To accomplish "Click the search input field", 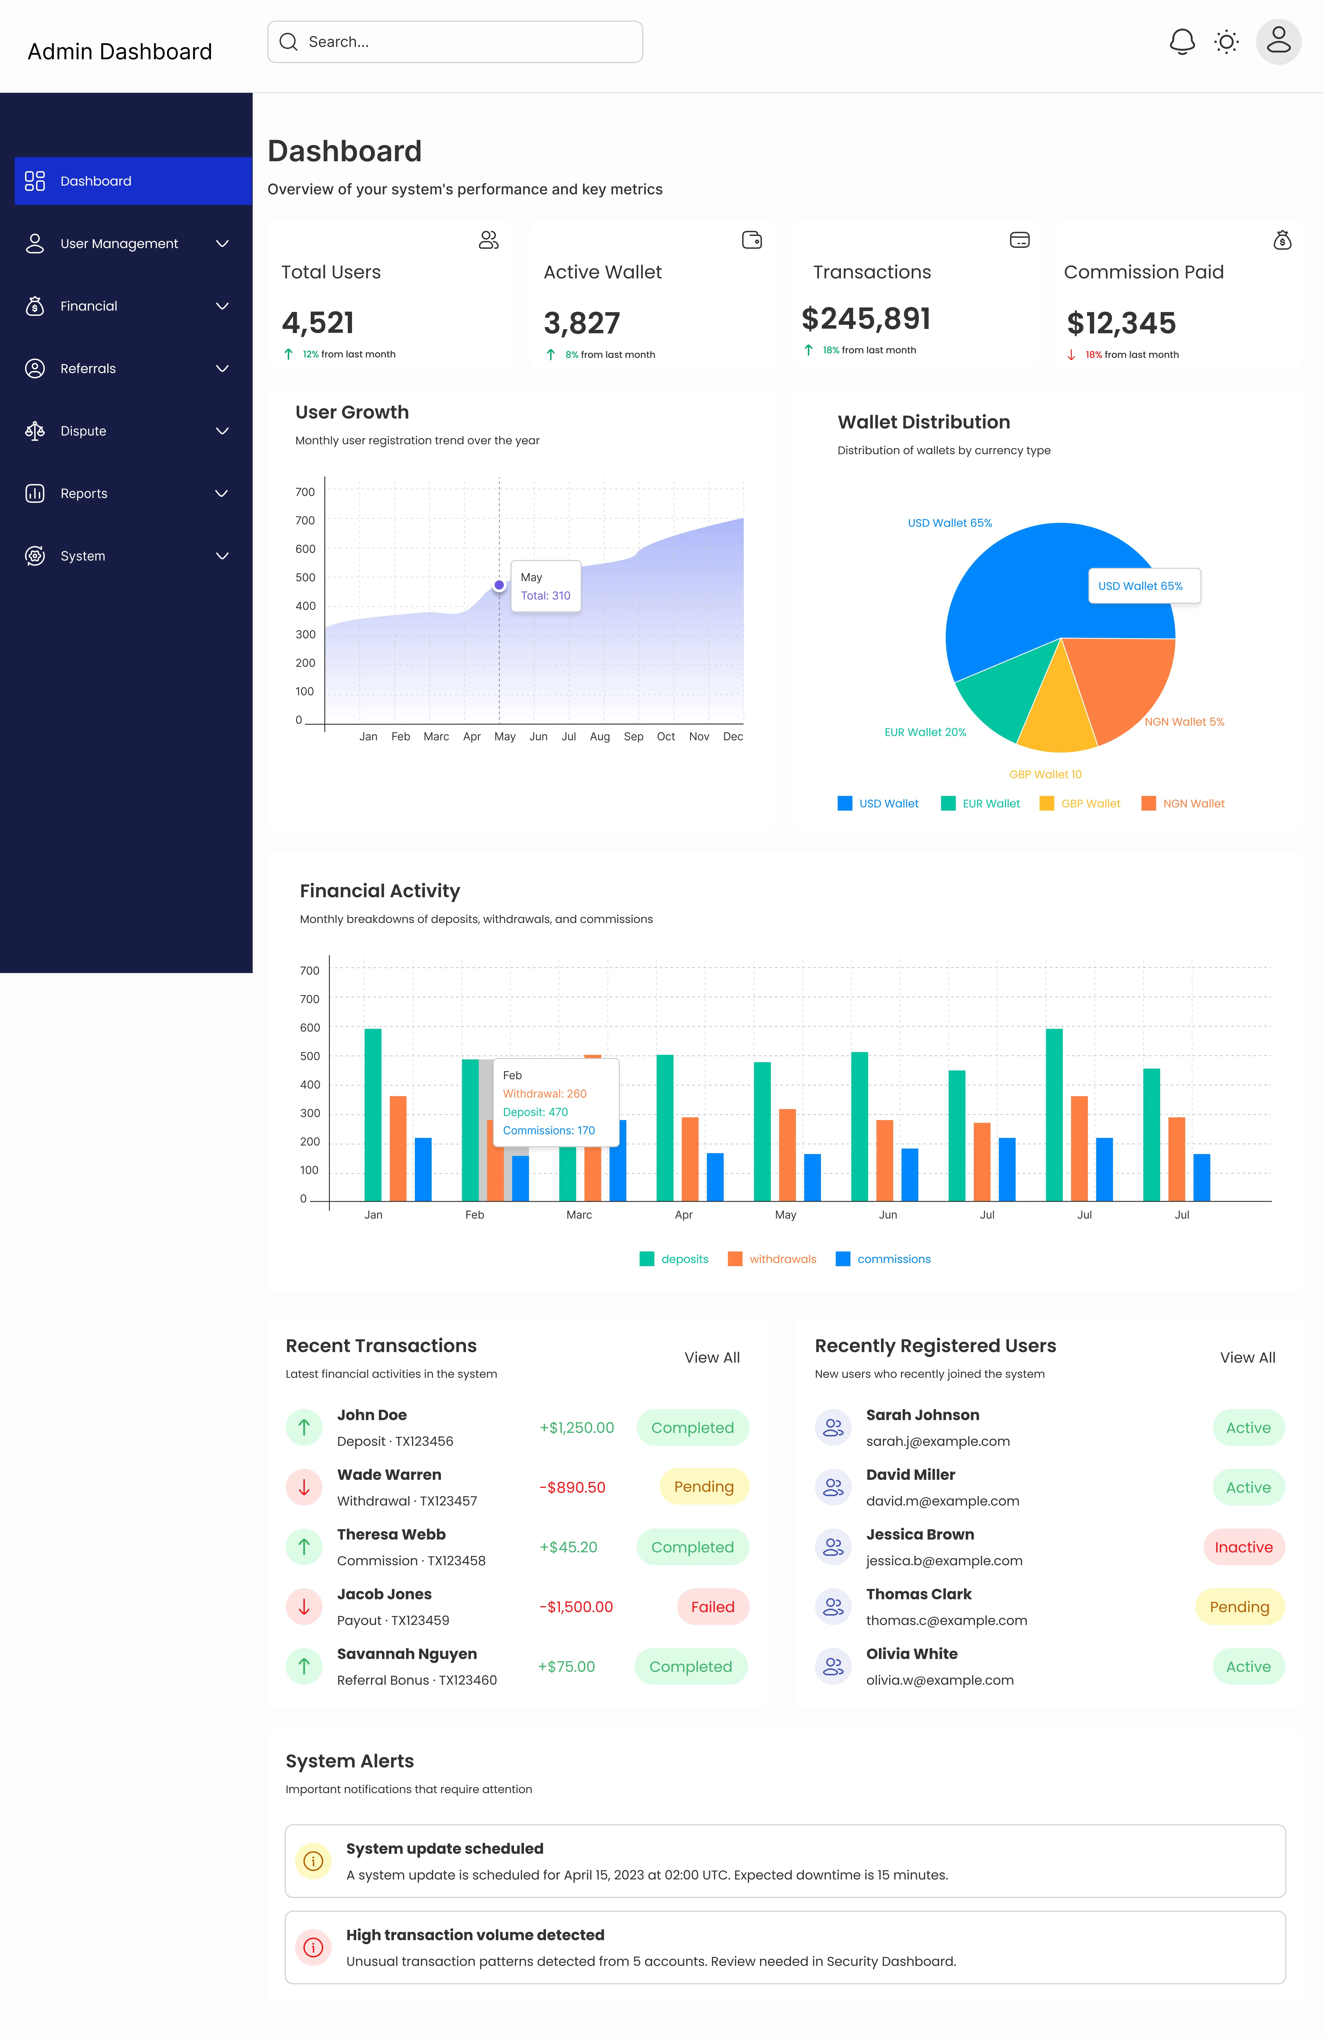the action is click(455, 42).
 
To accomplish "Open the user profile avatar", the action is click(1279, 41).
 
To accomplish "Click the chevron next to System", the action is click(222, 556).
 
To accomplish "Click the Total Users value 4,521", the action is click(318, 323).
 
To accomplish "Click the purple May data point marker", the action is click(499, 585).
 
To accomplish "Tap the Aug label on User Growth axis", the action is click(600, 736).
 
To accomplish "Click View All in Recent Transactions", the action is click(712, 1357).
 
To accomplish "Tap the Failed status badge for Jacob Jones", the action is click(713, 1606).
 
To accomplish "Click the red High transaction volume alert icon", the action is click(314, 1947).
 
